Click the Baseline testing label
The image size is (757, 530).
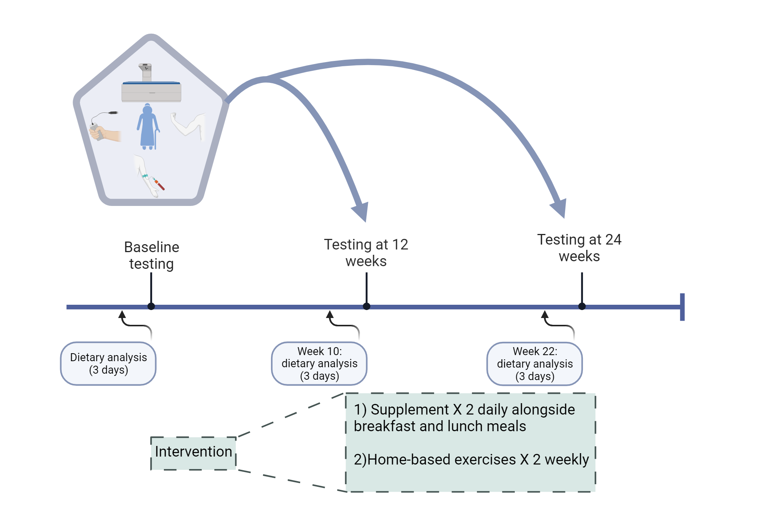coord(151,256)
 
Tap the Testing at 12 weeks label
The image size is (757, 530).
coord(366,253)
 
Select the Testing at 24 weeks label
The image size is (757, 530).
coord(579,248)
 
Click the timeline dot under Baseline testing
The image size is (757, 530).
coord(151,306)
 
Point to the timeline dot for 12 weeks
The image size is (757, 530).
coord(366,306)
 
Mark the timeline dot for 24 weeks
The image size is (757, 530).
coord(582,306)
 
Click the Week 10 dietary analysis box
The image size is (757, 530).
coord(319,363)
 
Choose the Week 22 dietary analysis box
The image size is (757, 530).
coord(534,364)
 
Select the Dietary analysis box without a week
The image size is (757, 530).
coord(108,363)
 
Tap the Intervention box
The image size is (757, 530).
coord(193,452)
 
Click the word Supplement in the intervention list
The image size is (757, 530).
coord(410,410)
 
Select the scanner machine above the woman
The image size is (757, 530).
coord(151,85)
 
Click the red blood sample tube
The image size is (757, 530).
coord(159,184)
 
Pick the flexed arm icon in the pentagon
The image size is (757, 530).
coord(189,125)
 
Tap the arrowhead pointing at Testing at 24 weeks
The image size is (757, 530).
coord(559,208)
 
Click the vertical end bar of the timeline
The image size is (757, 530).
coord(682,307)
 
